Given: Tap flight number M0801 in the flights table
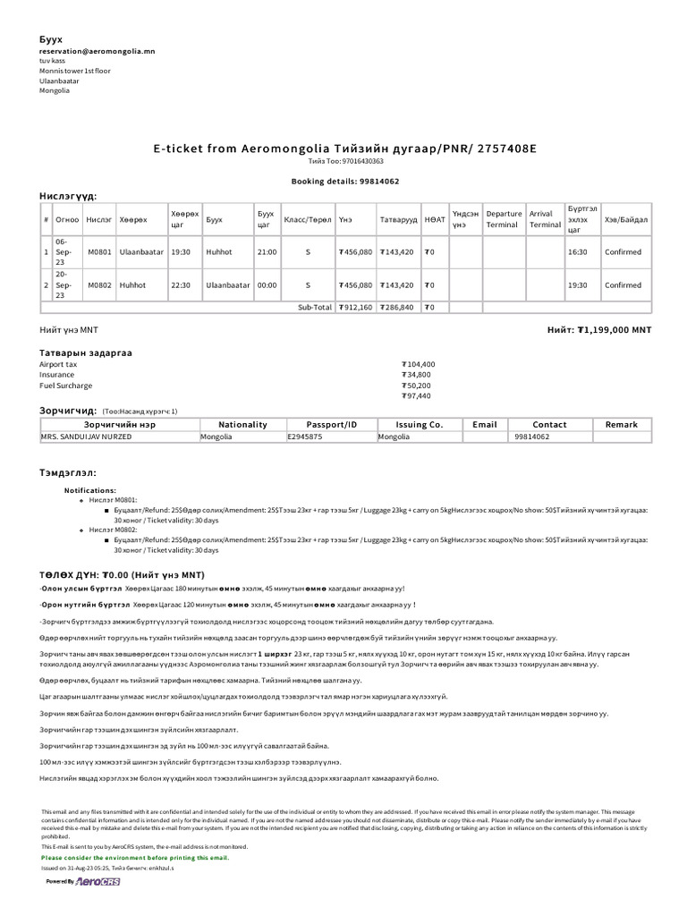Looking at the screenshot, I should [x=99, y=252].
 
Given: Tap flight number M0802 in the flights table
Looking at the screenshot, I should [x=99, y=285].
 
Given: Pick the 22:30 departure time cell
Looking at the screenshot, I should [x=181, y=285].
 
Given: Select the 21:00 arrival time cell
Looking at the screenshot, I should [x=267, y=252].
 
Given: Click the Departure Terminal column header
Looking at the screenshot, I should [x=504, y=219].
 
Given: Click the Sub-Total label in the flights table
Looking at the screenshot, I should [x=314, y=307].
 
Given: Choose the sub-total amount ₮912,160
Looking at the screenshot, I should [x=355, y=307].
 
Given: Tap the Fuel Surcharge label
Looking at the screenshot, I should [x=65, y=386].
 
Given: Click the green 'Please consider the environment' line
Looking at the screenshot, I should [x=134, y=858].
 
